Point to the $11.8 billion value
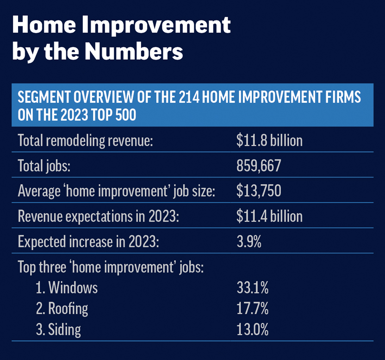tap(269, 141)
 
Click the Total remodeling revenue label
tap(86, 141)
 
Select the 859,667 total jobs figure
tap(259, 166)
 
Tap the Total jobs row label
tap(44, 166)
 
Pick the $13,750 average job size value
tap(259, 191)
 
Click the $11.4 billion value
tap(269, 216)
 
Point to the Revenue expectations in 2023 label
tap(98, 217)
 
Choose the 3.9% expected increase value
tap(249, 242)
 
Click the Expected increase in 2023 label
tap(88, 242)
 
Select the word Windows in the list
tap(73, 287)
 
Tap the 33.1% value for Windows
tap(253, 287)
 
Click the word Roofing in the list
tap(68, 309)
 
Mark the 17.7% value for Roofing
tap(253, 308)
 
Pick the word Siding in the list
tap(64, 329)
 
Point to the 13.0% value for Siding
tap(253, 329)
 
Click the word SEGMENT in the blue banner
tap(44, 97)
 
